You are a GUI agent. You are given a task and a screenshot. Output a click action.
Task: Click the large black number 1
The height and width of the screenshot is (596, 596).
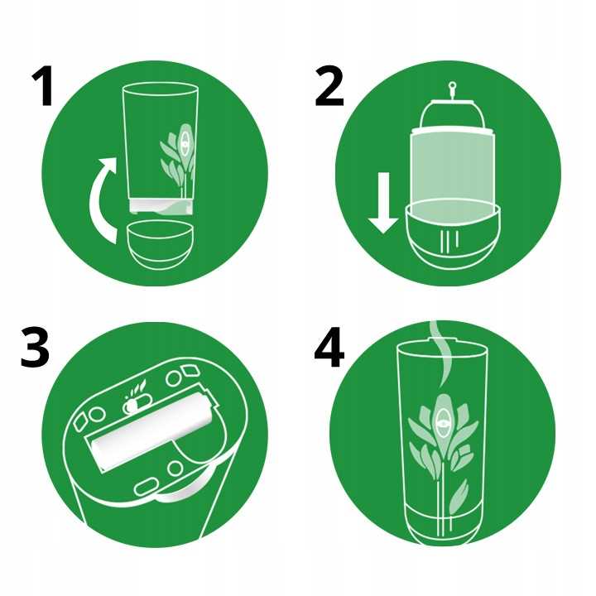(x=44, y=87)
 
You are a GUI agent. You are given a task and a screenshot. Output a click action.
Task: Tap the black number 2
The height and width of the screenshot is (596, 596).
(x=329, y=87)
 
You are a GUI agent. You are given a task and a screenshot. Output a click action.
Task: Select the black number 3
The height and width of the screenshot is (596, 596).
(x=35, y=348)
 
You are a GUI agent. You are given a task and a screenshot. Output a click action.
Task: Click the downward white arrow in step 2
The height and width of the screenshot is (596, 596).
(x=383, y=203)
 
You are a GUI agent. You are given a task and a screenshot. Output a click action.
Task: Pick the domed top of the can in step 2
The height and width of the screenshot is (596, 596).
(x=452, y=114)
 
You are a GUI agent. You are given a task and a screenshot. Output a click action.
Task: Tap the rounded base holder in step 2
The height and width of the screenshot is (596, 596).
(x=452, y=236)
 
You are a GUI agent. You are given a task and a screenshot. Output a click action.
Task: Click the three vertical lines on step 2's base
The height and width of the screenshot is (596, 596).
(x=449, y=240)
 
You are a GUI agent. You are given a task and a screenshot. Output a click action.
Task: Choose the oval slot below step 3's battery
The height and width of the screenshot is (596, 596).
(x=147, y=488)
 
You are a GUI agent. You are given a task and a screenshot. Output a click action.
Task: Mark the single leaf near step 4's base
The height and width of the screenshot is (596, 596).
(x=459, y=496)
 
